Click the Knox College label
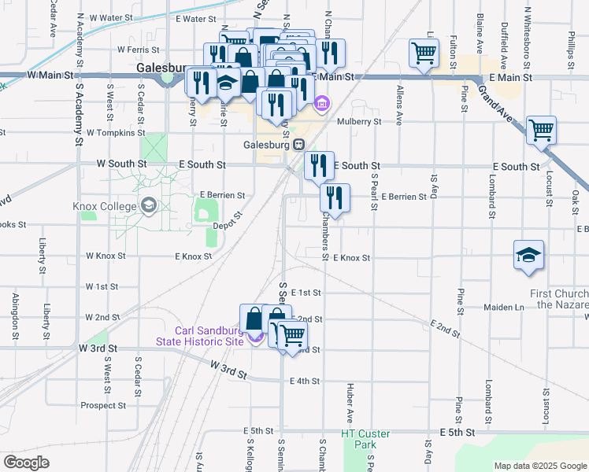106,206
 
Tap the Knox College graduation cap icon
148,206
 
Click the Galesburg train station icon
299,145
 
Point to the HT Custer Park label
360,439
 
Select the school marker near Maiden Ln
529,255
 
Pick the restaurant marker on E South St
319,165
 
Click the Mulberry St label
359,122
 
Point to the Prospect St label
103,406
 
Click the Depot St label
227,225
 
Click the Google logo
26,463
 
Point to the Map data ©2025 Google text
539,466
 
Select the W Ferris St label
133,49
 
